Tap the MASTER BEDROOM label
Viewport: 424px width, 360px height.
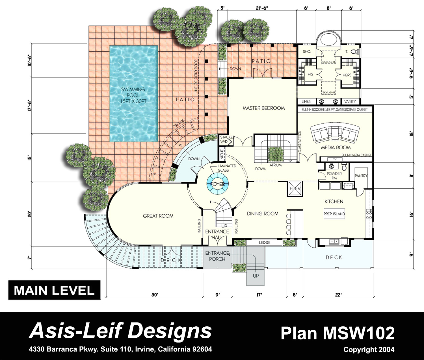[x=263, y=108]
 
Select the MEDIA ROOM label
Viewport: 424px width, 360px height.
[x=336, y=147]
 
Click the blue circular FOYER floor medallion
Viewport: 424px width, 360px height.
[x=217, y=184]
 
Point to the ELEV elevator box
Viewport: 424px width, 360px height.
[x=295, y=189]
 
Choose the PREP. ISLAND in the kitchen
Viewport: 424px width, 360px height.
[x=334, y=214]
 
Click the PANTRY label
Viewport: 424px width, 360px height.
[x=361, y=176]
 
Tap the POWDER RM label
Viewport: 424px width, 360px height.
[x=334, y=176]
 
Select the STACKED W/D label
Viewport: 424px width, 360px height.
[x=227, y=139]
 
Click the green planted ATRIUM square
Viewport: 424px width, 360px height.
[x=275, y=154]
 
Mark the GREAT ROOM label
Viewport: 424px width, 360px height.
[x=158, y=216]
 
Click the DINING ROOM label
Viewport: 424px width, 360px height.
[x=263, y=213]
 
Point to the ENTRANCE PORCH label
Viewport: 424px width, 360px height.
[x=217, y=256]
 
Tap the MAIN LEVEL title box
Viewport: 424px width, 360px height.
[x=54, y=290]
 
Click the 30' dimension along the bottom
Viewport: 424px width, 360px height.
[x=155, y=295]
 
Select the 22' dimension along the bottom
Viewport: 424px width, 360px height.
[x=338, y=295]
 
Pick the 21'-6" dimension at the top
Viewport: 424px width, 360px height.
[x=261, y=8]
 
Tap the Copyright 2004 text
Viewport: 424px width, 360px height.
[x=369, y=350]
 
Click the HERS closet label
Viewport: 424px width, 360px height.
[x=347, y=75]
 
